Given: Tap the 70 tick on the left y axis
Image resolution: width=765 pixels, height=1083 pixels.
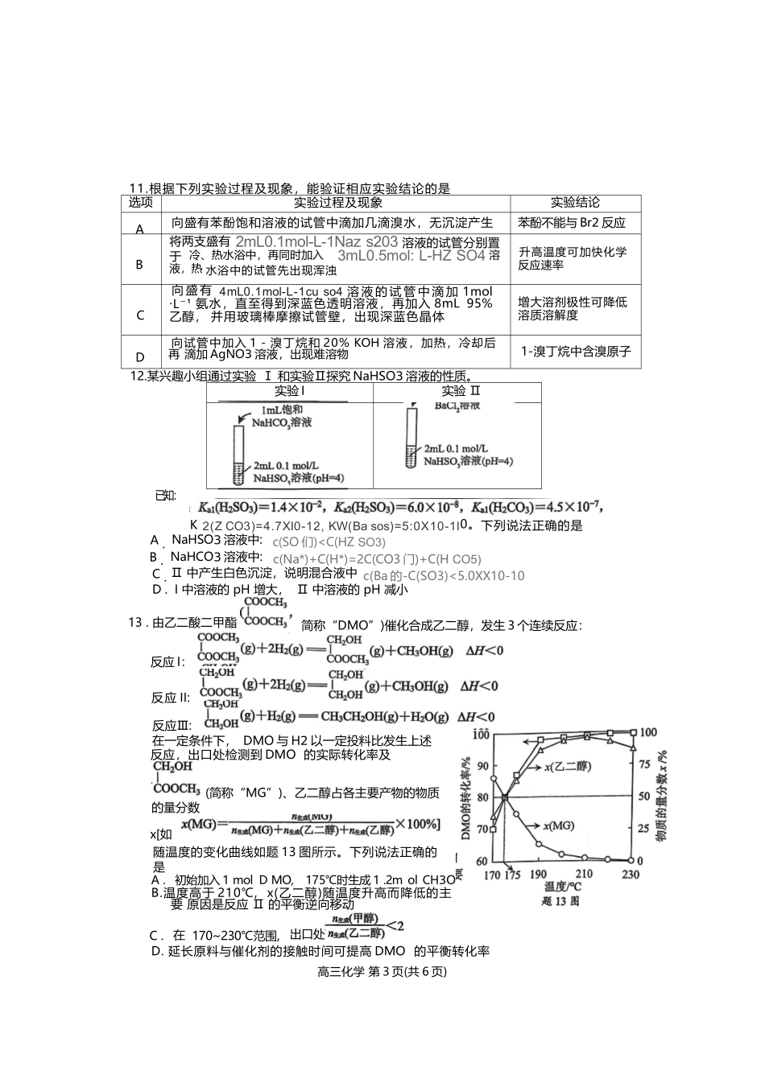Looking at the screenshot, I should click(482, 829).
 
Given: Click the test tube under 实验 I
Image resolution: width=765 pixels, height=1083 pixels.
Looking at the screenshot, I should click(238, 455).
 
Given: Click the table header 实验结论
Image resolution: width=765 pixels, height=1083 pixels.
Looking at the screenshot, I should click(575, 203).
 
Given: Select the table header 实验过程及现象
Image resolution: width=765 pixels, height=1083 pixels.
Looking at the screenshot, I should click(337, 203).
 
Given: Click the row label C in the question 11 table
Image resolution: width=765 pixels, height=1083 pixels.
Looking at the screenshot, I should click(140, 315).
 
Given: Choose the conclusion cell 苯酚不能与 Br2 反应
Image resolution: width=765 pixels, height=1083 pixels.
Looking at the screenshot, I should click(572, 223).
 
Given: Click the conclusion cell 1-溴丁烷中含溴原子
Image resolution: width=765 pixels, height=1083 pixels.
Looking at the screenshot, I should click(576, 352).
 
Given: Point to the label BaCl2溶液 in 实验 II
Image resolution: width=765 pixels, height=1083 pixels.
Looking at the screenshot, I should click(457, 406).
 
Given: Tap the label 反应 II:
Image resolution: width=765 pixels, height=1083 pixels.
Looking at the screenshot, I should click(170, 698).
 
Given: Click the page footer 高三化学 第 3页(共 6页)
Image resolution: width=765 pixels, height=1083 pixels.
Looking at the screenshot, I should click(382, 971).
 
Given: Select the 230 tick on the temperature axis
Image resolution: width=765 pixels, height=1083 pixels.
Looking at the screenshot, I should click(630, 875).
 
